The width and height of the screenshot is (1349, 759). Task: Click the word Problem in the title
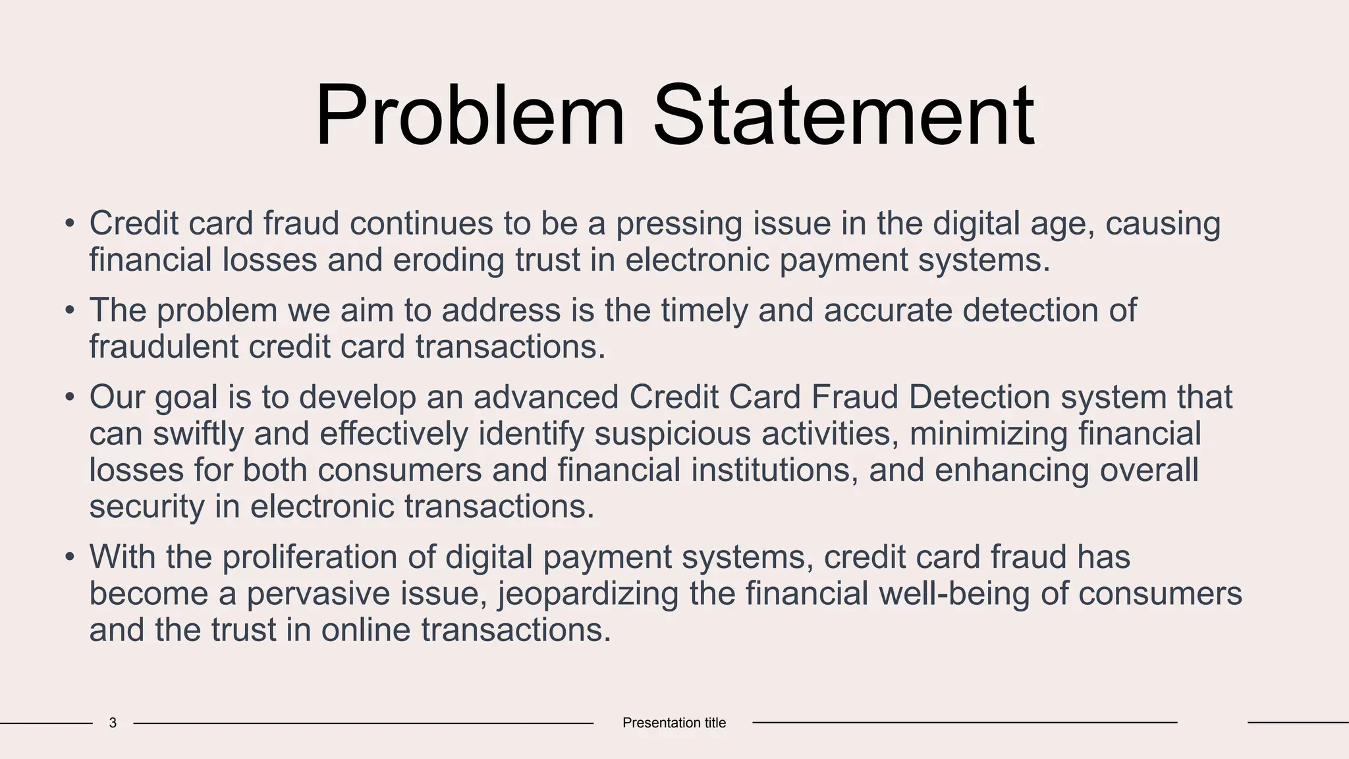point(469,116)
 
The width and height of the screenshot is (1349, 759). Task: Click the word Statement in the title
point(844,116)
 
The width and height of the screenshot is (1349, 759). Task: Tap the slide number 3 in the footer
point(113,723)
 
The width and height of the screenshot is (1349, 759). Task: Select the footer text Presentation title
point(674,723)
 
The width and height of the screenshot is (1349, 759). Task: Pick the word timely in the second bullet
point(704,311)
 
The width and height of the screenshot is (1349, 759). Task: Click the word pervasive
point(318,594)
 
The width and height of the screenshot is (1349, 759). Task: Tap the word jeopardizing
point(588,594)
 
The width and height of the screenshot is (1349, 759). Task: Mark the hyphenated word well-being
point(954,594)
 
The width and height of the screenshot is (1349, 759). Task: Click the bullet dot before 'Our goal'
point(70,398)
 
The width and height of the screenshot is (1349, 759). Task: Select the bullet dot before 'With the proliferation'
point(70,558)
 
